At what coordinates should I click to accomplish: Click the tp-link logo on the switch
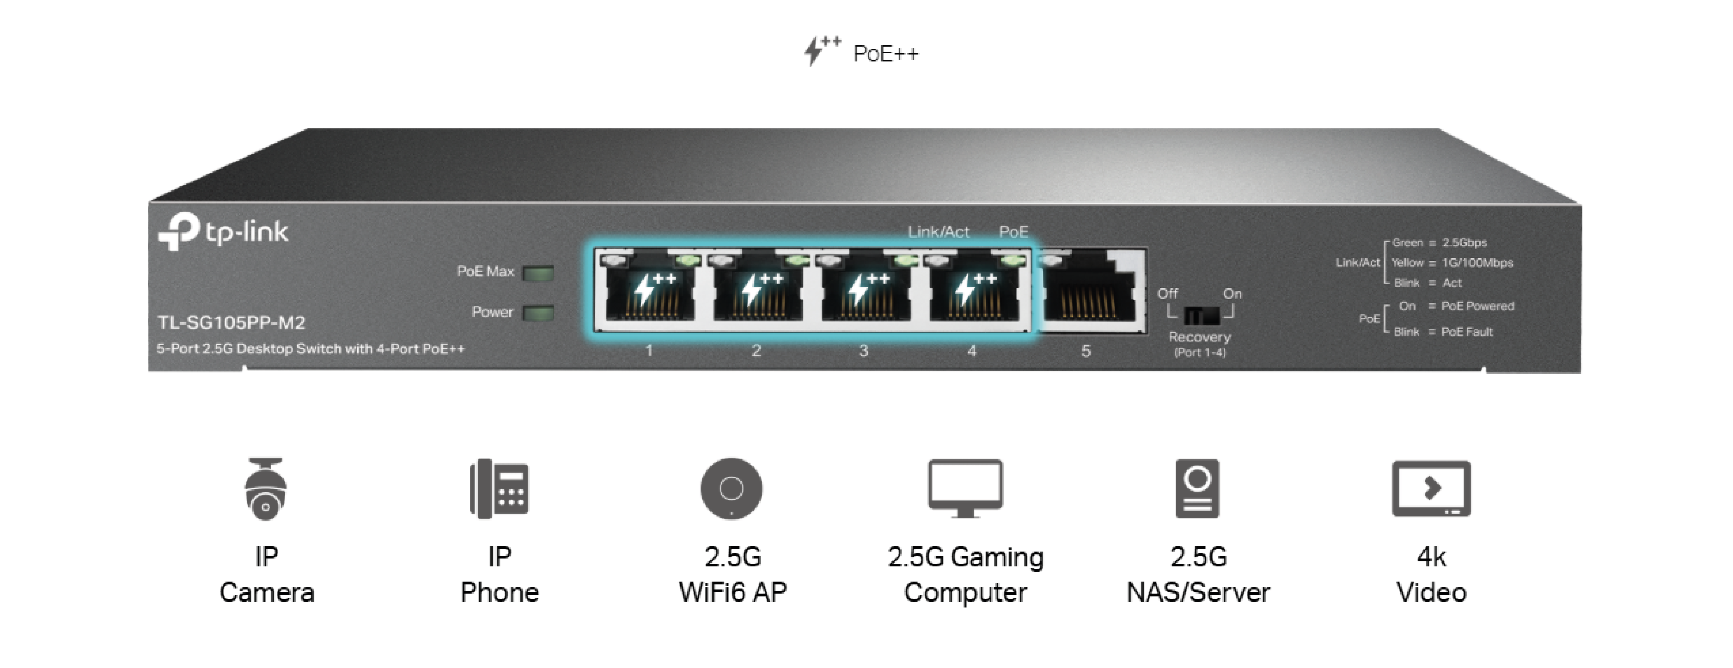coord(223,231)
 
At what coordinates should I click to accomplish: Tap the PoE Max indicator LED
coord(538,273)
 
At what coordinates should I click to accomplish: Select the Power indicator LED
coord(538,313)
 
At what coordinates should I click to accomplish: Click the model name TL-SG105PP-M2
coord(232,323)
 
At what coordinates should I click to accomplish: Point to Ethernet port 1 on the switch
coord(650,291)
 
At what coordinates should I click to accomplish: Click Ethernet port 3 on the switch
coord(866,291)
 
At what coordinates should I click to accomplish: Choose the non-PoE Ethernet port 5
coord(1090,291)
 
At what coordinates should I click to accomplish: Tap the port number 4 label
coord(971,351)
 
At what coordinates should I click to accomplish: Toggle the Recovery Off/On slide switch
coord(1202,315)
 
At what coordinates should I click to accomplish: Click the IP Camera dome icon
coord(266,489)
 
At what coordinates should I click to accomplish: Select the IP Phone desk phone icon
coord(499,489)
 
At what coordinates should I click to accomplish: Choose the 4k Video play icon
coord(1431,488)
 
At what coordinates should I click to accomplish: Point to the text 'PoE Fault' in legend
coord(1467,332)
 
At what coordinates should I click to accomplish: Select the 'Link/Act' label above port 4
coord(939,232)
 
